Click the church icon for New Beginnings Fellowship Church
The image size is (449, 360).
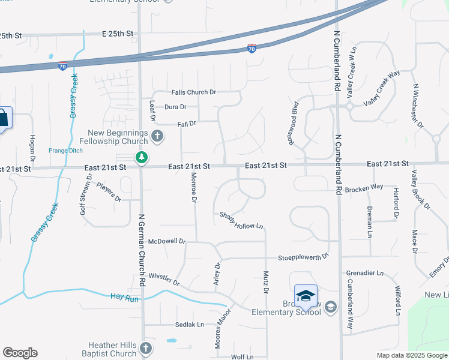tap(157, 136)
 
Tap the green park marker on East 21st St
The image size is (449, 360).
tap(142, 158)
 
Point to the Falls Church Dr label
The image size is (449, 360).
tap(193, 92)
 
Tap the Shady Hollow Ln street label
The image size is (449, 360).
tap(241, 220)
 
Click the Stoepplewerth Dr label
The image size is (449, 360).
tap(303, 256)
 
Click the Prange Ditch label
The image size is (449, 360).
tap(64, 151)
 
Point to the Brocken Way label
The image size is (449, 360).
tap(364, 187)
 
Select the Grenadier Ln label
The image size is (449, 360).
tap(364, 273)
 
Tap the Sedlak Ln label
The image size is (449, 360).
tap(190, 325)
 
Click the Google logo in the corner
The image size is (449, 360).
tap(20, 353)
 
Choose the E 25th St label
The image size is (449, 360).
tap(117, 34)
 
